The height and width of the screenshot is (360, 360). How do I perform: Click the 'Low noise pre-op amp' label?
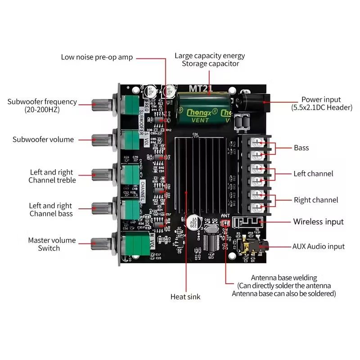[97, 57]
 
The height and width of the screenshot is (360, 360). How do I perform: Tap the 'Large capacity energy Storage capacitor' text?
[210, 60]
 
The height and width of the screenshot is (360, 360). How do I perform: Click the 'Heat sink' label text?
[185, 297]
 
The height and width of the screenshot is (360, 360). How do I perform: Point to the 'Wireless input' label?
[318, 221]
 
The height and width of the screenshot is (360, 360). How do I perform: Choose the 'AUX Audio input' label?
[319, 246]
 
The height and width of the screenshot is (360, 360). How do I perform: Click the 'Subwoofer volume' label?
[43, 139]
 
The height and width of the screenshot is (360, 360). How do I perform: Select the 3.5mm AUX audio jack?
[254, 246]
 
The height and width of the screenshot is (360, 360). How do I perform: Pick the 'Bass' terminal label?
[301, 148]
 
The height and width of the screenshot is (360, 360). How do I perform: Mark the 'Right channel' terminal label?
[315, 200]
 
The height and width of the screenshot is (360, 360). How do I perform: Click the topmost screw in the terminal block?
[257, 143]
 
